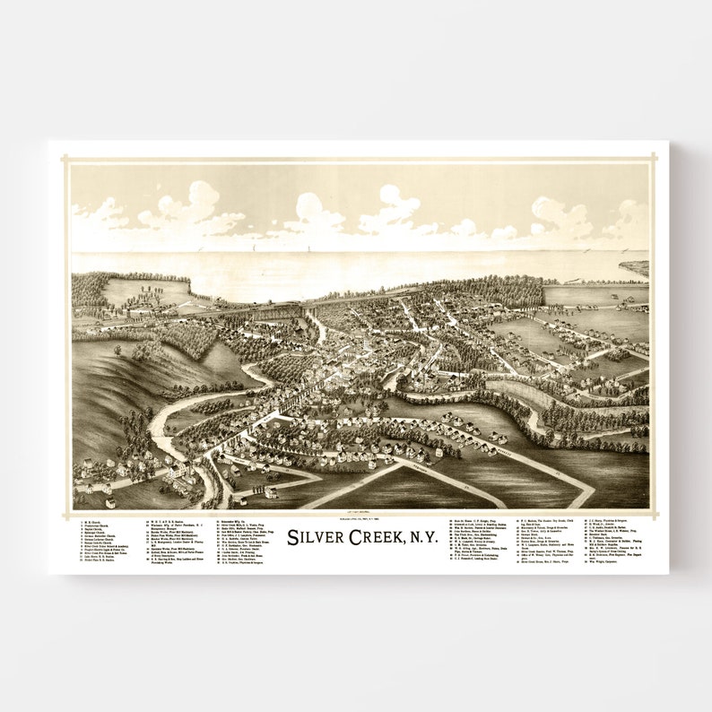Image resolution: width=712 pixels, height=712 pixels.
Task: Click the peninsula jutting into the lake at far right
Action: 634,266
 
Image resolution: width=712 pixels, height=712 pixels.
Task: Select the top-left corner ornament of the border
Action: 65,159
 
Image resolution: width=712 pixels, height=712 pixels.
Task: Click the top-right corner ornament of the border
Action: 654,159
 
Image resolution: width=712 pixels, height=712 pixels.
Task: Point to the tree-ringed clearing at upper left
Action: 143,291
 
